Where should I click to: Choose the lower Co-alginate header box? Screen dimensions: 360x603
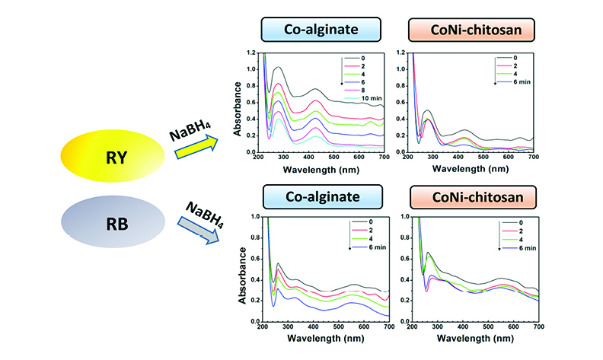314,195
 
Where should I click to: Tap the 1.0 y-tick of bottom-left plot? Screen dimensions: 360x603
254,217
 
